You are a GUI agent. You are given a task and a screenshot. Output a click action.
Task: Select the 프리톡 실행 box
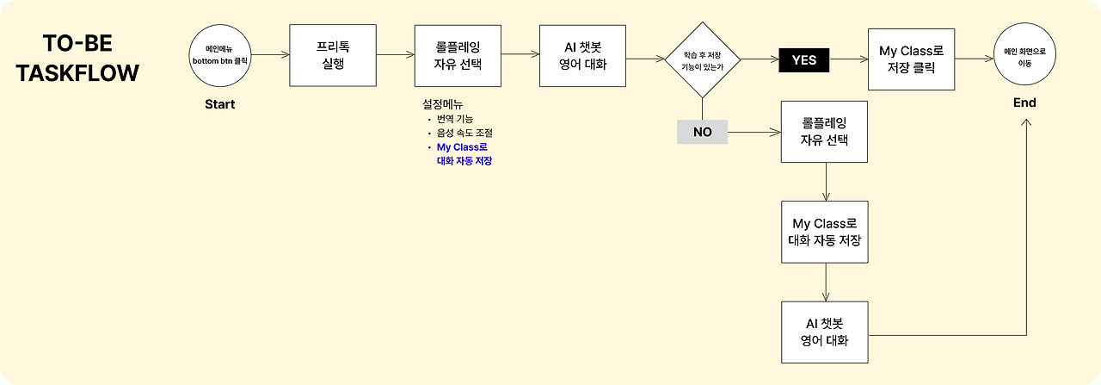(332, 55)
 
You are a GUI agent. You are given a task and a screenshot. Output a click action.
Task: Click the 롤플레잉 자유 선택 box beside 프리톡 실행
(458, 55)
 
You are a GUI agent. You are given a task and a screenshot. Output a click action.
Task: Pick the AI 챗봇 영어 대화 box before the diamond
(583, 55)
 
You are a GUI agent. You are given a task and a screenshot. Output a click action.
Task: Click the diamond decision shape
(703, 59)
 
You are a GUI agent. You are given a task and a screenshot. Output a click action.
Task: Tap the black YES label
(803, 60)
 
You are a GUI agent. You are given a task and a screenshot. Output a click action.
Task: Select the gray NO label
(702, 133)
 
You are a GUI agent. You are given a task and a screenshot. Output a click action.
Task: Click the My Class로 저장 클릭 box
(912, 58)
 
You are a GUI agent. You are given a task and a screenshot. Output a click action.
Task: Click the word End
(1024, 102)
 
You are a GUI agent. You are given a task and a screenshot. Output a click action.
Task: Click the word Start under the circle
(219, 104)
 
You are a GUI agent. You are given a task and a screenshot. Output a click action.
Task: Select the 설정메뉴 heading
(443, 103)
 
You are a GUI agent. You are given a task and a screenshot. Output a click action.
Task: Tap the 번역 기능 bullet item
(454, 119)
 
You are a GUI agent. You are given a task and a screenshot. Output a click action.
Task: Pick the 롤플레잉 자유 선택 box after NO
(824, 132)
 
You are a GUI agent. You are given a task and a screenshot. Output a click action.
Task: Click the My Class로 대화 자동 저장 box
(824, 232)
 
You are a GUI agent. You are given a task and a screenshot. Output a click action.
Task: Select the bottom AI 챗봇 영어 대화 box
(824, 332)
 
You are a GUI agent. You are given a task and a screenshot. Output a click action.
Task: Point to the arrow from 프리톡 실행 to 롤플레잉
(395, 55)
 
